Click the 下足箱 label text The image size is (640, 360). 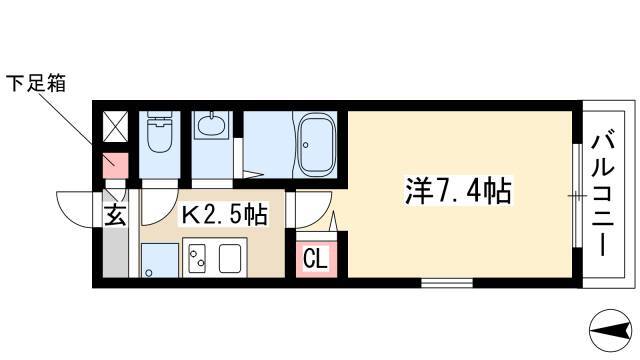pos(36,83)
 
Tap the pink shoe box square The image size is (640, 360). pos(115,165)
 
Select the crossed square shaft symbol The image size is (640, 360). pos(115,127)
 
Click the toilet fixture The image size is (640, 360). pos(160,132)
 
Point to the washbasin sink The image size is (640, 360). pos(211,125)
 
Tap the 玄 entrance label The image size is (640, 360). pos(115,216)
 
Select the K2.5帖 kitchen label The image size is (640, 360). pos(224,215)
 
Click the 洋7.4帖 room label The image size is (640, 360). pos(458,191)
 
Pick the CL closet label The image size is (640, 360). pos(316,258)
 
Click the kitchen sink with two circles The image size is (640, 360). pos(196,258)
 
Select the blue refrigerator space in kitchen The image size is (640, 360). pos(160,260)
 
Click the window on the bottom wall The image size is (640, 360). pos(447,282)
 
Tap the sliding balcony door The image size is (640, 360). pos(577,196)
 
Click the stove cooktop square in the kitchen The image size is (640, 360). pos(230,258)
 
